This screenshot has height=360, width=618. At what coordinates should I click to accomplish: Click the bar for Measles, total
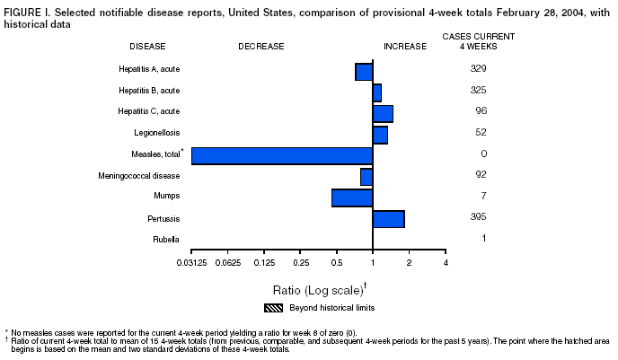point(282,155)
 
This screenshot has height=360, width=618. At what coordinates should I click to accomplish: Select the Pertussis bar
point(388,219)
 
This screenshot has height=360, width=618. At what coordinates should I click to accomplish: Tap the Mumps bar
point(352,198)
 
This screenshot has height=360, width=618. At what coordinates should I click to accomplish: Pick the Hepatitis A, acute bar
point(364,72)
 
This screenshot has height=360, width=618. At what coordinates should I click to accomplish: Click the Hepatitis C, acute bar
point(383,113)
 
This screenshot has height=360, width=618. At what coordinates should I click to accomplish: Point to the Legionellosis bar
point(380,135)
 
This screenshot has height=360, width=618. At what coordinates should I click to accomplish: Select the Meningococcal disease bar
point(366,177)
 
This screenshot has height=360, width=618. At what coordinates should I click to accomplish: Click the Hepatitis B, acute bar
point(377,92)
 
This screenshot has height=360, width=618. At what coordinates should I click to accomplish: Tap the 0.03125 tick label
point(192,262)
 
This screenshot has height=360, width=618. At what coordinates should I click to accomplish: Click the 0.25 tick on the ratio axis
point(301,262)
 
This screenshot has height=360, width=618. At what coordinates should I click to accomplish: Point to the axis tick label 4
point(446,262)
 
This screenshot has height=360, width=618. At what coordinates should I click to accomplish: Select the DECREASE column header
point(261,46)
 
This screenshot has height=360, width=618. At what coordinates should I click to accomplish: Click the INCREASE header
point(405,46)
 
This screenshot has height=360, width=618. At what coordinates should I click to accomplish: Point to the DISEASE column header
point(148,46)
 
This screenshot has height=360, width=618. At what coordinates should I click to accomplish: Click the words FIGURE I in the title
point(26,9)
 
